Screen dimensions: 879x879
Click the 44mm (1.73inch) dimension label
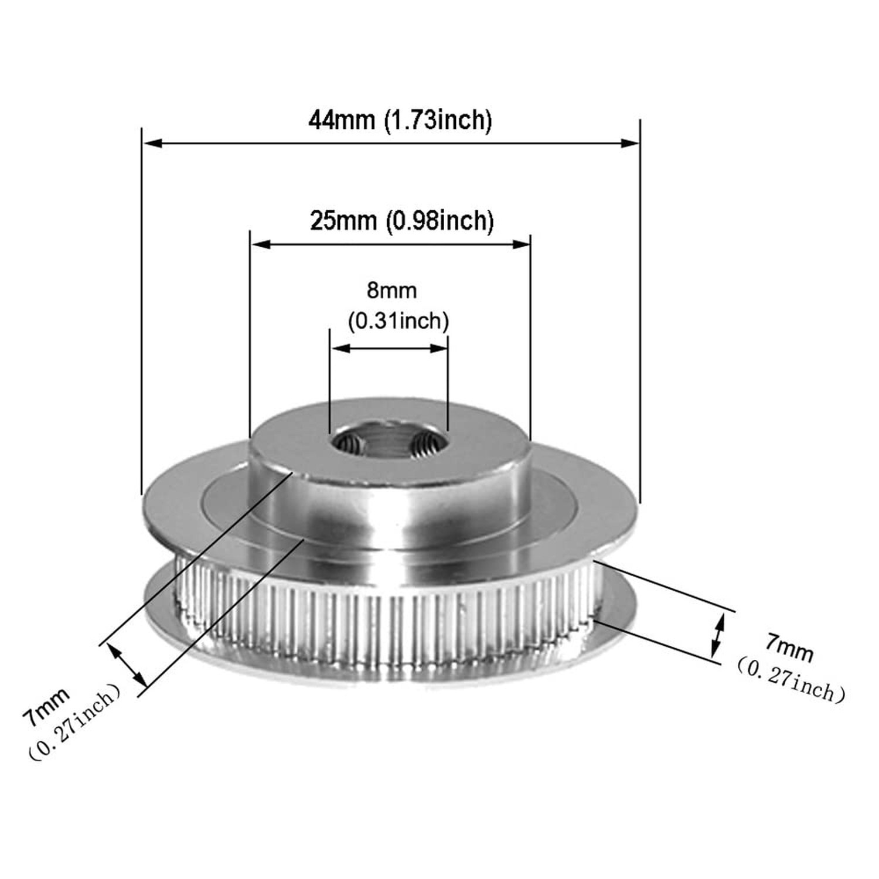(400, 120)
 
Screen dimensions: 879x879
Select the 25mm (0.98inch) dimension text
(401, 221)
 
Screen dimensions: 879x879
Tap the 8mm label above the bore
(391, 290)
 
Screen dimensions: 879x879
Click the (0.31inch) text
(398, 321)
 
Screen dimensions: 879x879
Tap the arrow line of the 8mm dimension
(389, 348)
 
